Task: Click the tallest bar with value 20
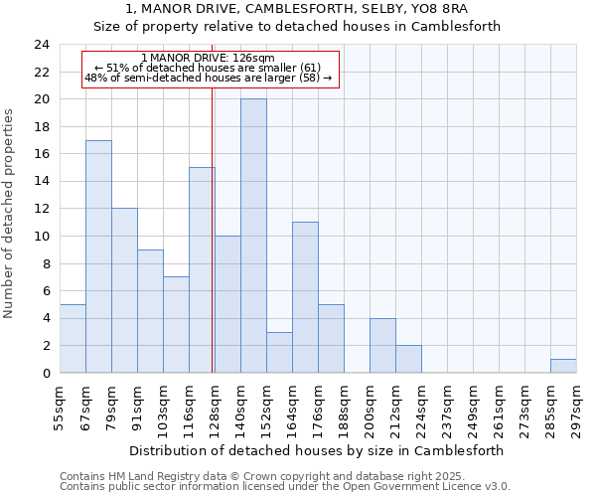[253, 236]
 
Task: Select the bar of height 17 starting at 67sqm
[98, 256]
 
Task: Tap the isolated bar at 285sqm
[563, 366]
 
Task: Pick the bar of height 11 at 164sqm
[305, 297]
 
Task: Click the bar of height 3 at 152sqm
[279, 352]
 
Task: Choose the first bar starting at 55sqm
[73, 338]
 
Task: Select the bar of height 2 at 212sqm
[408, 359]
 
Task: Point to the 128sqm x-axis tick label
[215, 407]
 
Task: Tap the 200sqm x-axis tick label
[370, 407]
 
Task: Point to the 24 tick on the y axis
[41, 45]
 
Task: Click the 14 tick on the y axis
[41, 182]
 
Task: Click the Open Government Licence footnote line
[285, 487]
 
